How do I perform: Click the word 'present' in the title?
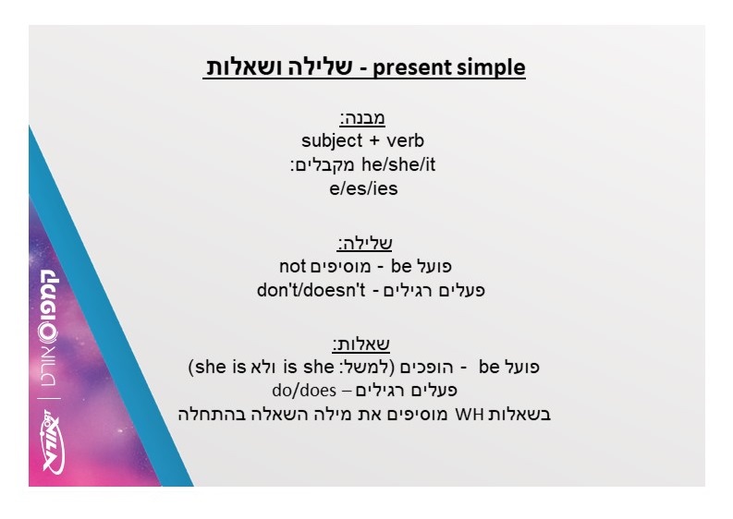click(411, 68)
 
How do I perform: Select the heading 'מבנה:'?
click(362, 117)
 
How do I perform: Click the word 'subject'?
click(332, 140)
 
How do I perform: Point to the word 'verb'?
click(405, 140)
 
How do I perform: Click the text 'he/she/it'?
click(398, 164)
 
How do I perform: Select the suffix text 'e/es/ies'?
click(363, 188)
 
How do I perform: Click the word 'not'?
click(292, 266)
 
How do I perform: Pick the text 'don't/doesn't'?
click(311, 290)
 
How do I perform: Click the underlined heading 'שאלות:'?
click(360, 344)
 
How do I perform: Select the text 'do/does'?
click(304, 390)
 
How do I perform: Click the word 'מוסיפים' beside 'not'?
click(340, 267)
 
